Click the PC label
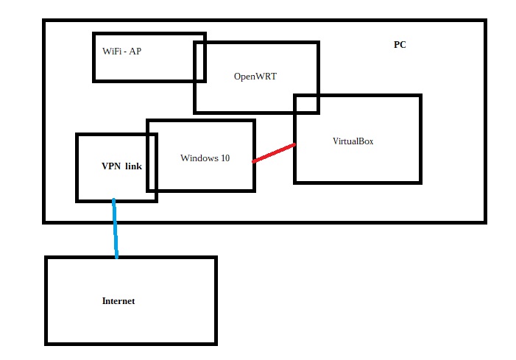pyautogui.click(x=400, y=45)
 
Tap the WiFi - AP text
pyautogui.click(x=121, y=51)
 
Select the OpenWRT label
pyautogui.click(x=255, y=76)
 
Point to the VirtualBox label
pyautogui.click(x=353, y=141)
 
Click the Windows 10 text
pyautogui.click(x=205, y=158)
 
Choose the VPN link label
pyautogui.click(x=121, y=166)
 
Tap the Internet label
pyautogui.click(x=119, y=301)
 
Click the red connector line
pyautogui.click(x=274, y=153)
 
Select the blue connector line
pyautogui.click(x=115, y=228)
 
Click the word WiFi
pyautogui.click(x=112, y=51)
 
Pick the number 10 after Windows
pyautogui.click(x=225, y=158)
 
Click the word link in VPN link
pyautogui.click(x=133, y=166)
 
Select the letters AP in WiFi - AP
pyautogui.click(x=135, y=51)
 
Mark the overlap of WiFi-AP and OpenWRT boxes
pyautogui.click(x=199, y=61)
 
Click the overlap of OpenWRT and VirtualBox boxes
pyautogui.click(x=307, y=104)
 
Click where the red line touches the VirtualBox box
pyautogui.click(x=294, y=145)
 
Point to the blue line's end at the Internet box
pyautogui.click(x=116, y=256)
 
